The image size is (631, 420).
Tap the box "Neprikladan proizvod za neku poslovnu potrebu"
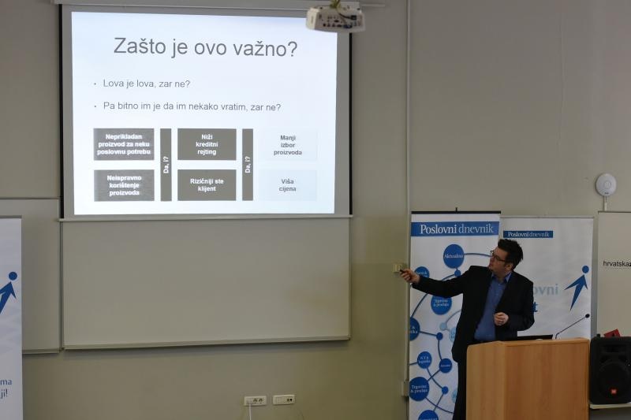coord(124,144)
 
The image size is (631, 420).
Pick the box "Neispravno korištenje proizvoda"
coord(124,185)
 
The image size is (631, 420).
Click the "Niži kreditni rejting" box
coord(207,144)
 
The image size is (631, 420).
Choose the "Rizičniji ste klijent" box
coord(207,185)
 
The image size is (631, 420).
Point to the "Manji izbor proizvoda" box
coord(288,145)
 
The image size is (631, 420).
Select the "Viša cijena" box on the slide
coord(288,185)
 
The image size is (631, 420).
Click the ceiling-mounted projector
coord(335,18)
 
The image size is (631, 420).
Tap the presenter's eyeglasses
coord(498,257)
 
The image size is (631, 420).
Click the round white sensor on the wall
coord(606,185)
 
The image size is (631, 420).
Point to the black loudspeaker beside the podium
coord(610,370)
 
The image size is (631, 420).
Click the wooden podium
coord(527,378)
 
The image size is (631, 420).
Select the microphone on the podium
coord(571,325)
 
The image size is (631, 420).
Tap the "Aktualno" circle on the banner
coord(454,255)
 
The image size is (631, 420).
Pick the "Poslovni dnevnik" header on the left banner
coord(454,229)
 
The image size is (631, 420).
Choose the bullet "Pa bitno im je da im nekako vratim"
coord(192,106)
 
